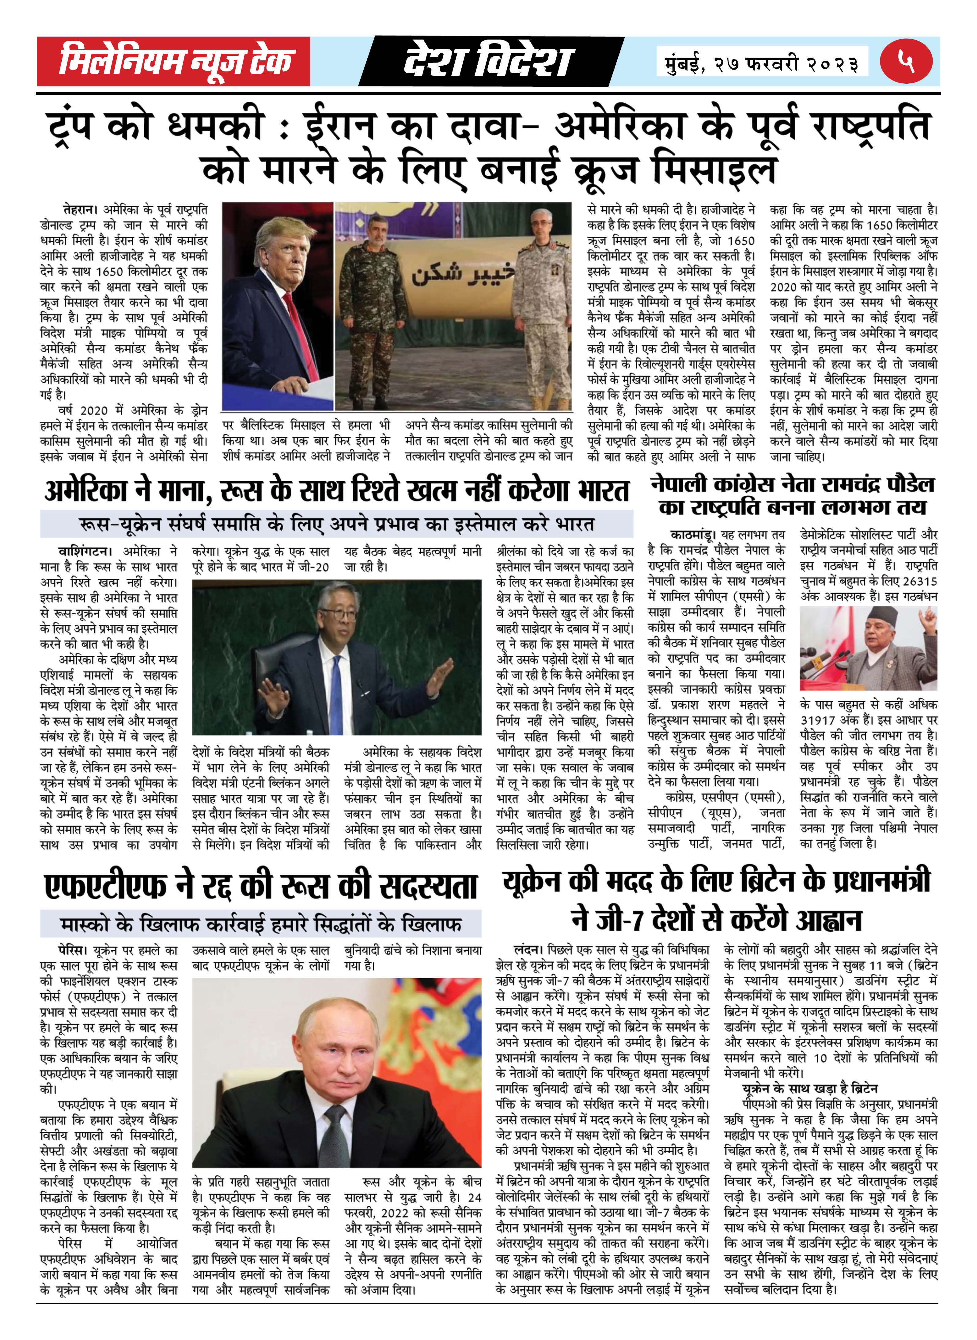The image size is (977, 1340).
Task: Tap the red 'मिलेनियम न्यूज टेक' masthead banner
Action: tap(174, 62)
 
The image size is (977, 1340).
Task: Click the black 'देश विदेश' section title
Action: tap(488, 62)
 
